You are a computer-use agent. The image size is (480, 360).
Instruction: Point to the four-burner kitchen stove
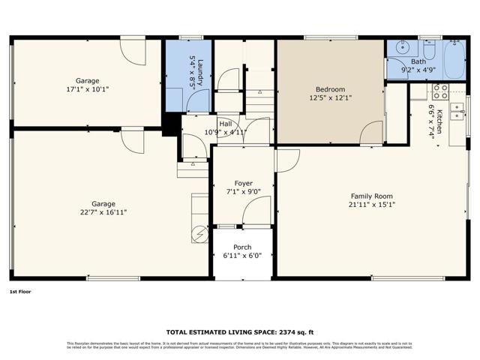tap(439, 92)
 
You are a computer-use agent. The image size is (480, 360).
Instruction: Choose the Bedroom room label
tap(330, 89)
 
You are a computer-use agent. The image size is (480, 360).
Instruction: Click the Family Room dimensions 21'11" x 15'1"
tap(371, 205)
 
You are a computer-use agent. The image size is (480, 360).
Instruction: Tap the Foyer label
tap(244, 183)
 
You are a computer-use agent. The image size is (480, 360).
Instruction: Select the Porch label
tap(242, 247)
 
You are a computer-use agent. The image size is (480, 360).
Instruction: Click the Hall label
tap(226, 124)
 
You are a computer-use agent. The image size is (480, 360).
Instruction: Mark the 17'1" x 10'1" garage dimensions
tap(87, 88)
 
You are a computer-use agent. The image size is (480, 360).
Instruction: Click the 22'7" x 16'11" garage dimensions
tap(103, 212)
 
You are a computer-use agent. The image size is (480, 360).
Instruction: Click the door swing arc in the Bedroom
tap(370, 133)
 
